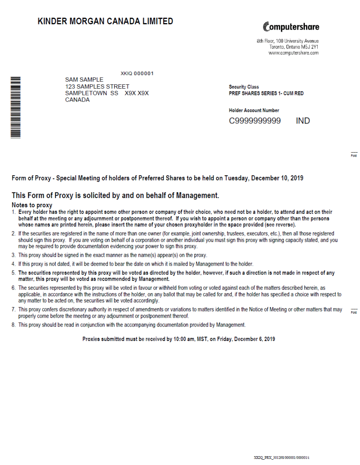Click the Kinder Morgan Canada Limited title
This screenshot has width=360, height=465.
tap(105, 21)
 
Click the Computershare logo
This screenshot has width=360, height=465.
tap(291, 26)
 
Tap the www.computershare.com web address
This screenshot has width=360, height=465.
tap(293, 53)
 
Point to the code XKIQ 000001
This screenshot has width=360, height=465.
tap(137, 73)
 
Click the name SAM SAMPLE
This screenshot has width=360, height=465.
tap(84, 80)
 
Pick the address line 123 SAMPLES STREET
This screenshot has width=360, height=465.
tap(97, 86)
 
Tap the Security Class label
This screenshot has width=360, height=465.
tap(244, 87)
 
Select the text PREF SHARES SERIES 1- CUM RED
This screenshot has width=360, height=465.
tap(266, 94)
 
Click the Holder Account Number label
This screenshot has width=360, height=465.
tap(254, 110)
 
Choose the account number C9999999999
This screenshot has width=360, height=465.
tap(255, 121)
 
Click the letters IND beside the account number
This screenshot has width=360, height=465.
tap(303, 121)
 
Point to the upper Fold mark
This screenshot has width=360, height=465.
tap(354, 154)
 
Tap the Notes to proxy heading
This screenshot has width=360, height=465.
tap(32, 205)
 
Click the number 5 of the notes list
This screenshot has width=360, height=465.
tap(14, 273)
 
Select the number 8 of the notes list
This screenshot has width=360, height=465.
tap(14, 325)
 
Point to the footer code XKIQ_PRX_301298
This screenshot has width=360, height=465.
tap(269, 458)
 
